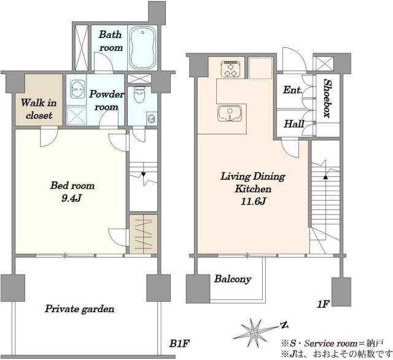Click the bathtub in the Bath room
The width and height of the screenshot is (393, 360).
[142, 48]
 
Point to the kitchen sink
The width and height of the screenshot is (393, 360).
[230, 113]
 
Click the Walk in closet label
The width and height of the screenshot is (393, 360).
[39, 109]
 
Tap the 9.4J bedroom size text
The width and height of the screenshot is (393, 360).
[72, 199]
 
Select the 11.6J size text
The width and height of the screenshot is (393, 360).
[253, 201]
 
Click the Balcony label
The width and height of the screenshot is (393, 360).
[233, 279]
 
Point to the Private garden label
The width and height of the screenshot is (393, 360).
[79, 309]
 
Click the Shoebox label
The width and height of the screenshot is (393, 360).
[327, 98]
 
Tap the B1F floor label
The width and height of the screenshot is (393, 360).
[179, 343]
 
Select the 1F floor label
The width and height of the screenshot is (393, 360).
[324, 304]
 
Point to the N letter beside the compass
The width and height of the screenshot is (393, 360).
[284, 325]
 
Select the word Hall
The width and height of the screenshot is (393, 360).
[294, 124]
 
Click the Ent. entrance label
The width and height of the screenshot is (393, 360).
[292, 90]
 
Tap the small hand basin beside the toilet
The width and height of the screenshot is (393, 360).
[150, 118]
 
